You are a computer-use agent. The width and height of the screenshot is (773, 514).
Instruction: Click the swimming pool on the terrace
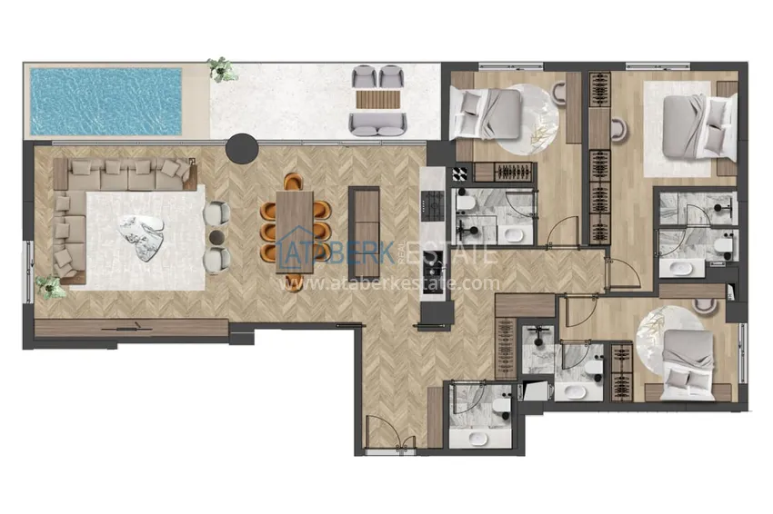(105, 102)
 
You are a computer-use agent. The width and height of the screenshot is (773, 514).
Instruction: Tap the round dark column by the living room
(242, 147)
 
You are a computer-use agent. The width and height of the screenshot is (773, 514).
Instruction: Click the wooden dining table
(295, 232)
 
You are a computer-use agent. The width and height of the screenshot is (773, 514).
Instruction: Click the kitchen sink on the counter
(434, 271)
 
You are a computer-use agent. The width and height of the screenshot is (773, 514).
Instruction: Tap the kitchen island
(364, 232)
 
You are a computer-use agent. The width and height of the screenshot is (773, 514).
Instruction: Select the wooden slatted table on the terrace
(378, 99)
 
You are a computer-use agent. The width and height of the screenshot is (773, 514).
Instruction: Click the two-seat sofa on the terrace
(377, 124)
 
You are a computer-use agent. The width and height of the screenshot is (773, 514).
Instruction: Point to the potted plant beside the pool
(221, 68)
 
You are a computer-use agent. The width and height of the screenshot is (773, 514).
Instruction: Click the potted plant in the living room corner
(50, 287)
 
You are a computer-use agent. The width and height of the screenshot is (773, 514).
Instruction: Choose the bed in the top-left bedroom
(485, 114)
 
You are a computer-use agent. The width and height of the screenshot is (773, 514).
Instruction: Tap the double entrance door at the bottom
(390, 434)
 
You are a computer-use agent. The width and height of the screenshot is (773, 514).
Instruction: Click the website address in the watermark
(389, 283)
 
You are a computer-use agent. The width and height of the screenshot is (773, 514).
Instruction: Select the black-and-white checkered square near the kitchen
(460, 174)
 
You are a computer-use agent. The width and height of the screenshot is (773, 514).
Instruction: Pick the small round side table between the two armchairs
(217, 238)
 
